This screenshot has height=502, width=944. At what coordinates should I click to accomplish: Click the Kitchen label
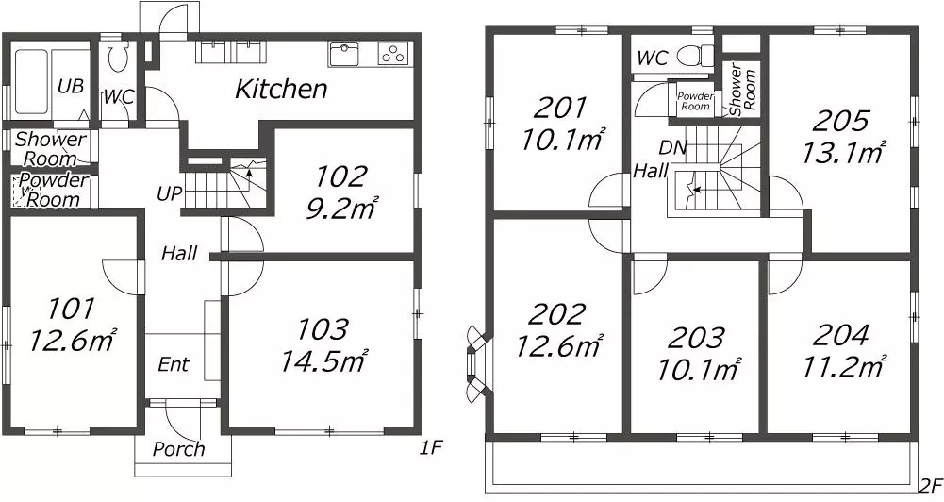click(281, 90)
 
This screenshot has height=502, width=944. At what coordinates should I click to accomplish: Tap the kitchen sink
click(344, 54)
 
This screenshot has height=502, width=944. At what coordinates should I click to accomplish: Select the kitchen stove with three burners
click(393, 54)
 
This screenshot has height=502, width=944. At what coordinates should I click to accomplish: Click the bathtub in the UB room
click(31, 81)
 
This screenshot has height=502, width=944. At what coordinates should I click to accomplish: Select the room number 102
click(340, 176)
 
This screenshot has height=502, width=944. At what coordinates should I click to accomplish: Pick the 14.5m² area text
click(323, 360)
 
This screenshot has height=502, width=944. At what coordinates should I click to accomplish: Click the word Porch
click(178, 449)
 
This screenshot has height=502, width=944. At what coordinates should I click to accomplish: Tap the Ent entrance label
click(174, 364)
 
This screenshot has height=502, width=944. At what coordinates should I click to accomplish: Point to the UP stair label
click(169, 194)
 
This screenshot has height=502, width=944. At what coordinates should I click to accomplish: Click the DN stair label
click(672, 147)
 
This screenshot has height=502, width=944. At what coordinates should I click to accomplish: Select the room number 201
click(560, 109)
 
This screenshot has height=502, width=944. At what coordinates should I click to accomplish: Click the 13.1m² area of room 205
click(843, 153)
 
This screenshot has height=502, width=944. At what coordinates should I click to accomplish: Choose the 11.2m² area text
click(843, 366)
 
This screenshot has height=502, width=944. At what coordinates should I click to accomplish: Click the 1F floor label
click(431, 448)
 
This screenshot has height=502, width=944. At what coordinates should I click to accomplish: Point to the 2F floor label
click(930, 485)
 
